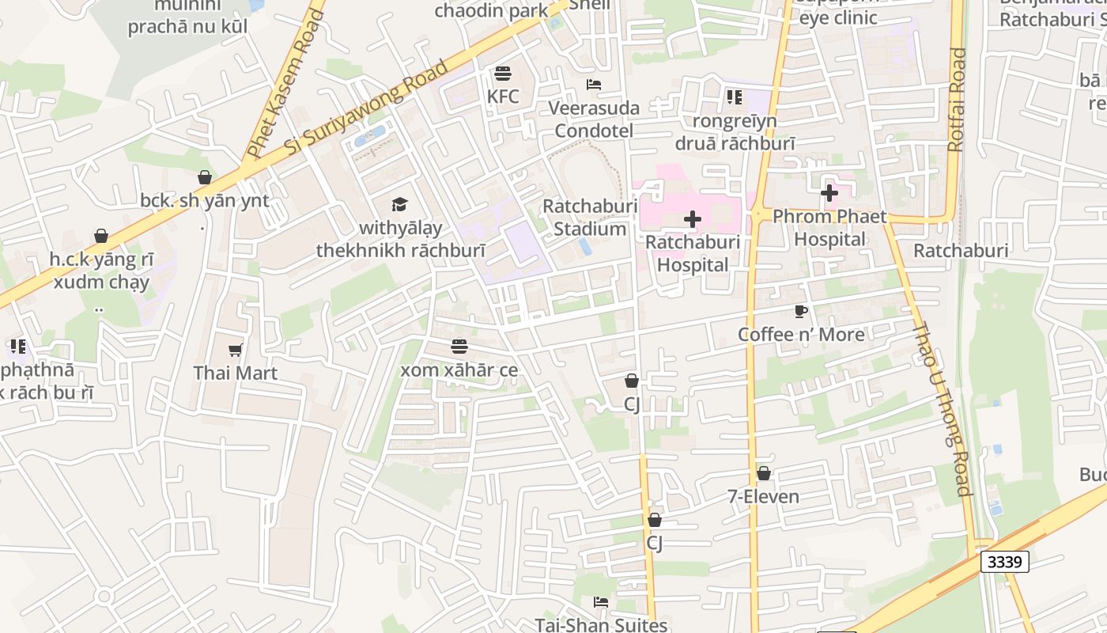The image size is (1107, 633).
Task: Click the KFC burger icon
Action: pyautogui.click(x=503, y=74)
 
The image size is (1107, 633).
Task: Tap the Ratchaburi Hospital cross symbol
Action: pyautogui.click(x=693, y=219)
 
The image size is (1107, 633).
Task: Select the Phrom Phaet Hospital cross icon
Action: pyautogui.click(x=829, y=192)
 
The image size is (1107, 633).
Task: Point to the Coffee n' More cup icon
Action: pyautogui.click(x=801, y=311)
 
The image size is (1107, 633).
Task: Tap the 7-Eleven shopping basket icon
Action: pyautogui.click(x=763, y=473)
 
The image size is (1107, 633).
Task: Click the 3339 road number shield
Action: pyautogui.click(x=1005, y=562)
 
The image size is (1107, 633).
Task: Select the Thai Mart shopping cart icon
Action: pyautogui.click(x=235, y=349)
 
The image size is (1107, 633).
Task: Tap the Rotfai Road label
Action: pyautogui.click(x=957, y=100)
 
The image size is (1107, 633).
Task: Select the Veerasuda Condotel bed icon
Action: pyautogui.click(x=594, y=85)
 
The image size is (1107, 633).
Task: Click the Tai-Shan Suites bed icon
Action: pyautogui.click(x=601, y=602)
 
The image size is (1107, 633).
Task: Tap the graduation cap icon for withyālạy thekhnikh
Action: pyautogui.click(x=399, y=204)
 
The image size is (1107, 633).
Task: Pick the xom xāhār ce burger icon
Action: pyautogui.click(x=459, y=346)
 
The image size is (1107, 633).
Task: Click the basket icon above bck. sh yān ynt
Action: pyautogui.click(x=205, y=177)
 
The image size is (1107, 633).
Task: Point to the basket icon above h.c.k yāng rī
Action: pyautogui.click(x=101, y=236)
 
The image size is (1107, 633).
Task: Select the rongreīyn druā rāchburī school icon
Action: pyautogui.click(x=734, y=97)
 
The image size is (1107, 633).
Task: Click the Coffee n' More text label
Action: pyautogui.click(x=801, y=334)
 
